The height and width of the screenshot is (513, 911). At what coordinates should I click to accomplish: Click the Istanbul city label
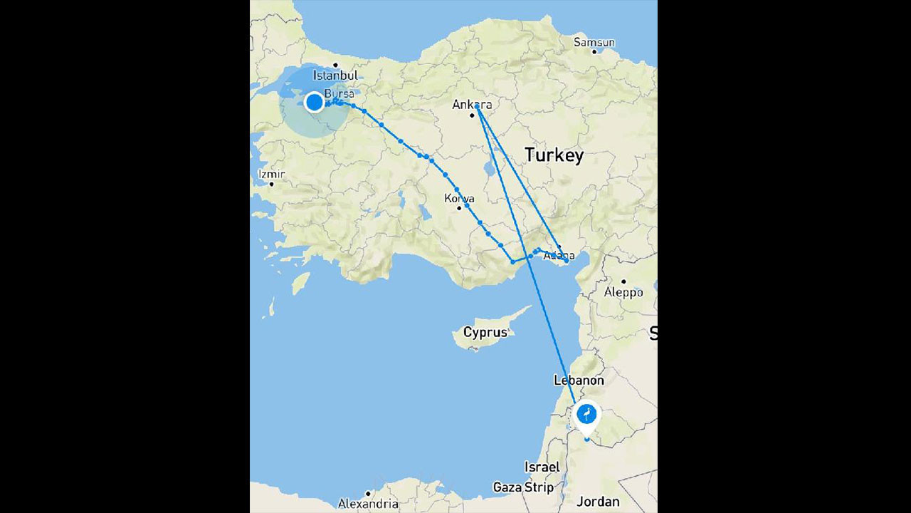[x=335, y=75]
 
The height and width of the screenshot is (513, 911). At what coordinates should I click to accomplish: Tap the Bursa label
[x=339, y=94]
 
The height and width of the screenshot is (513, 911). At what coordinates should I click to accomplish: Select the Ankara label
[x=472, y=105]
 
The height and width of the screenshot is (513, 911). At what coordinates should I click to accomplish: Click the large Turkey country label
[x=554, y=155]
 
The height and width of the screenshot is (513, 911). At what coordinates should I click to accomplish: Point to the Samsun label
[x=594, y=42]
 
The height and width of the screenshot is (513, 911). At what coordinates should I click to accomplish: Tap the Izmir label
[x=271, y=174]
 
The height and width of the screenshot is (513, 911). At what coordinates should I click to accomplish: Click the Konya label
[x=459, y=198]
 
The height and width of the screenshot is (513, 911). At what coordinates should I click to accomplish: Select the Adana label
[x=559, y=255]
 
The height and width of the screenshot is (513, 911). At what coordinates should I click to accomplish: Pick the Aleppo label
[x=623, y=292]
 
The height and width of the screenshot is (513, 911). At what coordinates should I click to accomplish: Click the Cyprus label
[x=485, y=332]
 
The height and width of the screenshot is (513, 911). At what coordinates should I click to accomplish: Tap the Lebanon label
[x=579, y=380]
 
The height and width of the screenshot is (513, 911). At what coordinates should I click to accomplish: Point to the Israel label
[x=542, y=467]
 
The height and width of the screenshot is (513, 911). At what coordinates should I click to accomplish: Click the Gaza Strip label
[x=523, y=487]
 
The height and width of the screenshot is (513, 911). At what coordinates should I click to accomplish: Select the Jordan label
[x=598, y=502]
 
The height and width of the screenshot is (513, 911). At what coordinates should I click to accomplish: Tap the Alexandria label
[x=368, y=504]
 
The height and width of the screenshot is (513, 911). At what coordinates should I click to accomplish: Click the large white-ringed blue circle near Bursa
[x=314, y=103]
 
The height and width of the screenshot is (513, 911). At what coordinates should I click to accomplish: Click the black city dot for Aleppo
[x=623, y=281]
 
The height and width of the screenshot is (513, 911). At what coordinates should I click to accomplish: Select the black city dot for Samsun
[x=594, y=51]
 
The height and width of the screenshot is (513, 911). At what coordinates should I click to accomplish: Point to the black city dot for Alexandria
[x=368, y=493]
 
